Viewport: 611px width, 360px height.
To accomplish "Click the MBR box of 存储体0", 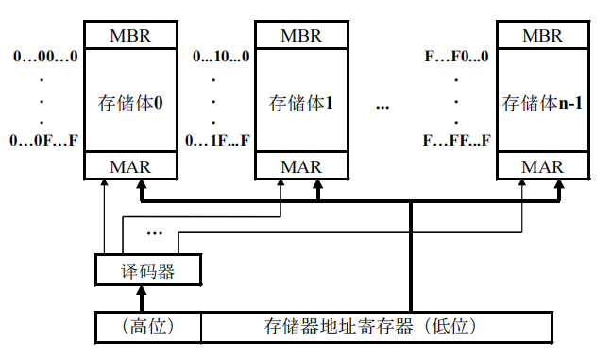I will click(130, 36).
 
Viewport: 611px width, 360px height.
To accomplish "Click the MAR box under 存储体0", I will click(130, 167).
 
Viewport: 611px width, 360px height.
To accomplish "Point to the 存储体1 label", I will click(302, 102).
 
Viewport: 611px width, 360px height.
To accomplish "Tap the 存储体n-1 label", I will click(541, 102).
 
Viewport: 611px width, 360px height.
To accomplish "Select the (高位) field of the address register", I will click(149, 327).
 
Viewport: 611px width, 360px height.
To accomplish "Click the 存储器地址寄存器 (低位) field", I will click(376, 327).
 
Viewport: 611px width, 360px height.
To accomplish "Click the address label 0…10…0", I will click(221, 57).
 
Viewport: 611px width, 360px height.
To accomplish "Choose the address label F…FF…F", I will click(456, 141).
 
